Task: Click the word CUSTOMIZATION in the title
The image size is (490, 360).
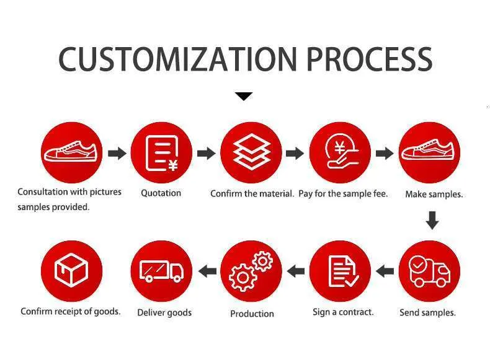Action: click(177, 59)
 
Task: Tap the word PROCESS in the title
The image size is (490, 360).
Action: click(370, 59)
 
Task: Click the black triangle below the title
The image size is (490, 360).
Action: click(244, 96)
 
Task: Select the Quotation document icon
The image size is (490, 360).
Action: click(161, 153)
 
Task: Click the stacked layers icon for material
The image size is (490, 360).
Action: click(252, 152)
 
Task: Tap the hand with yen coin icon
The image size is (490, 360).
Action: click(342, 151)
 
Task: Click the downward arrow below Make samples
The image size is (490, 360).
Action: click(432, 221)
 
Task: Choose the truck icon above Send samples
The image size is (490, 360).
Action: click(429, 271)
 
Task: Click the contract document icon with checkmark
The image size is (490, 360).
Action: click(343, 271)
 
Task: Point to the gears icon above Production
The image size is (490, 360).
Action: click(251, 271)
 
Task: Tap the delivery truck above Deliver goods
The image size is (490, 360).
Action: click(161, 271)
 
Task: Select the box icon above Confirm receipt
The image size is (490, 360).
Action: click(71, 270)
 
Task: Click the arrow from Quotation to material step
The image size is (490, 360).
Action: click(207, 153)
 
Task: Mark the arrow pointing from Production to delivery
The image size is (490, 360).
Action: click(207, 271)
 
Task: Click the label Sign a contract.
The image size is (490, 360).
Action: click(343, 312)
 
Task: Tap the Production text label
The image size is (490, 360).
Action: click(252, 314)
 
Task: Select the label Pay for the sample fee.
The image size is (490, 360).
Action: click(343, 194)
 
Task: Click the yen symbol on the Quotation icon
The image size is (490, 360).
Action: click(173, 165)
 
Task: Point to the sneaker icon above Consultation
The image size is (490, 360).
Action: click(71, 151)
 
